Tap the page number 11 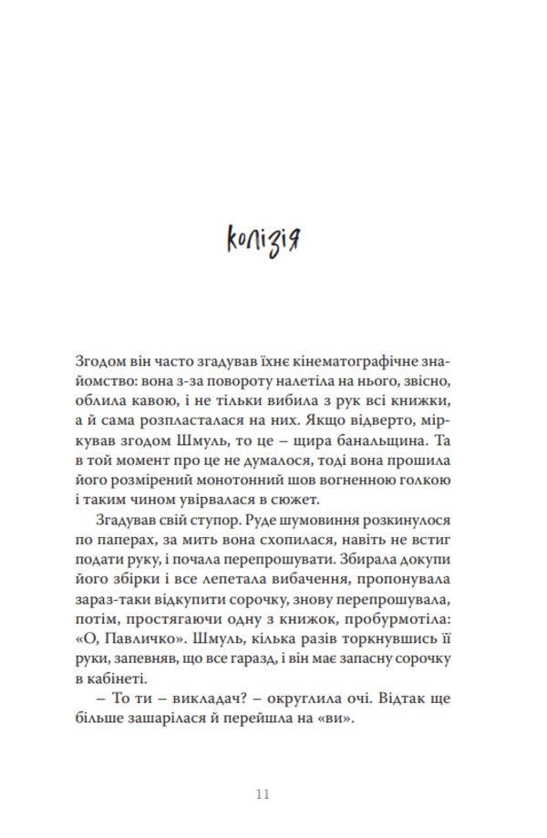263,793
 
